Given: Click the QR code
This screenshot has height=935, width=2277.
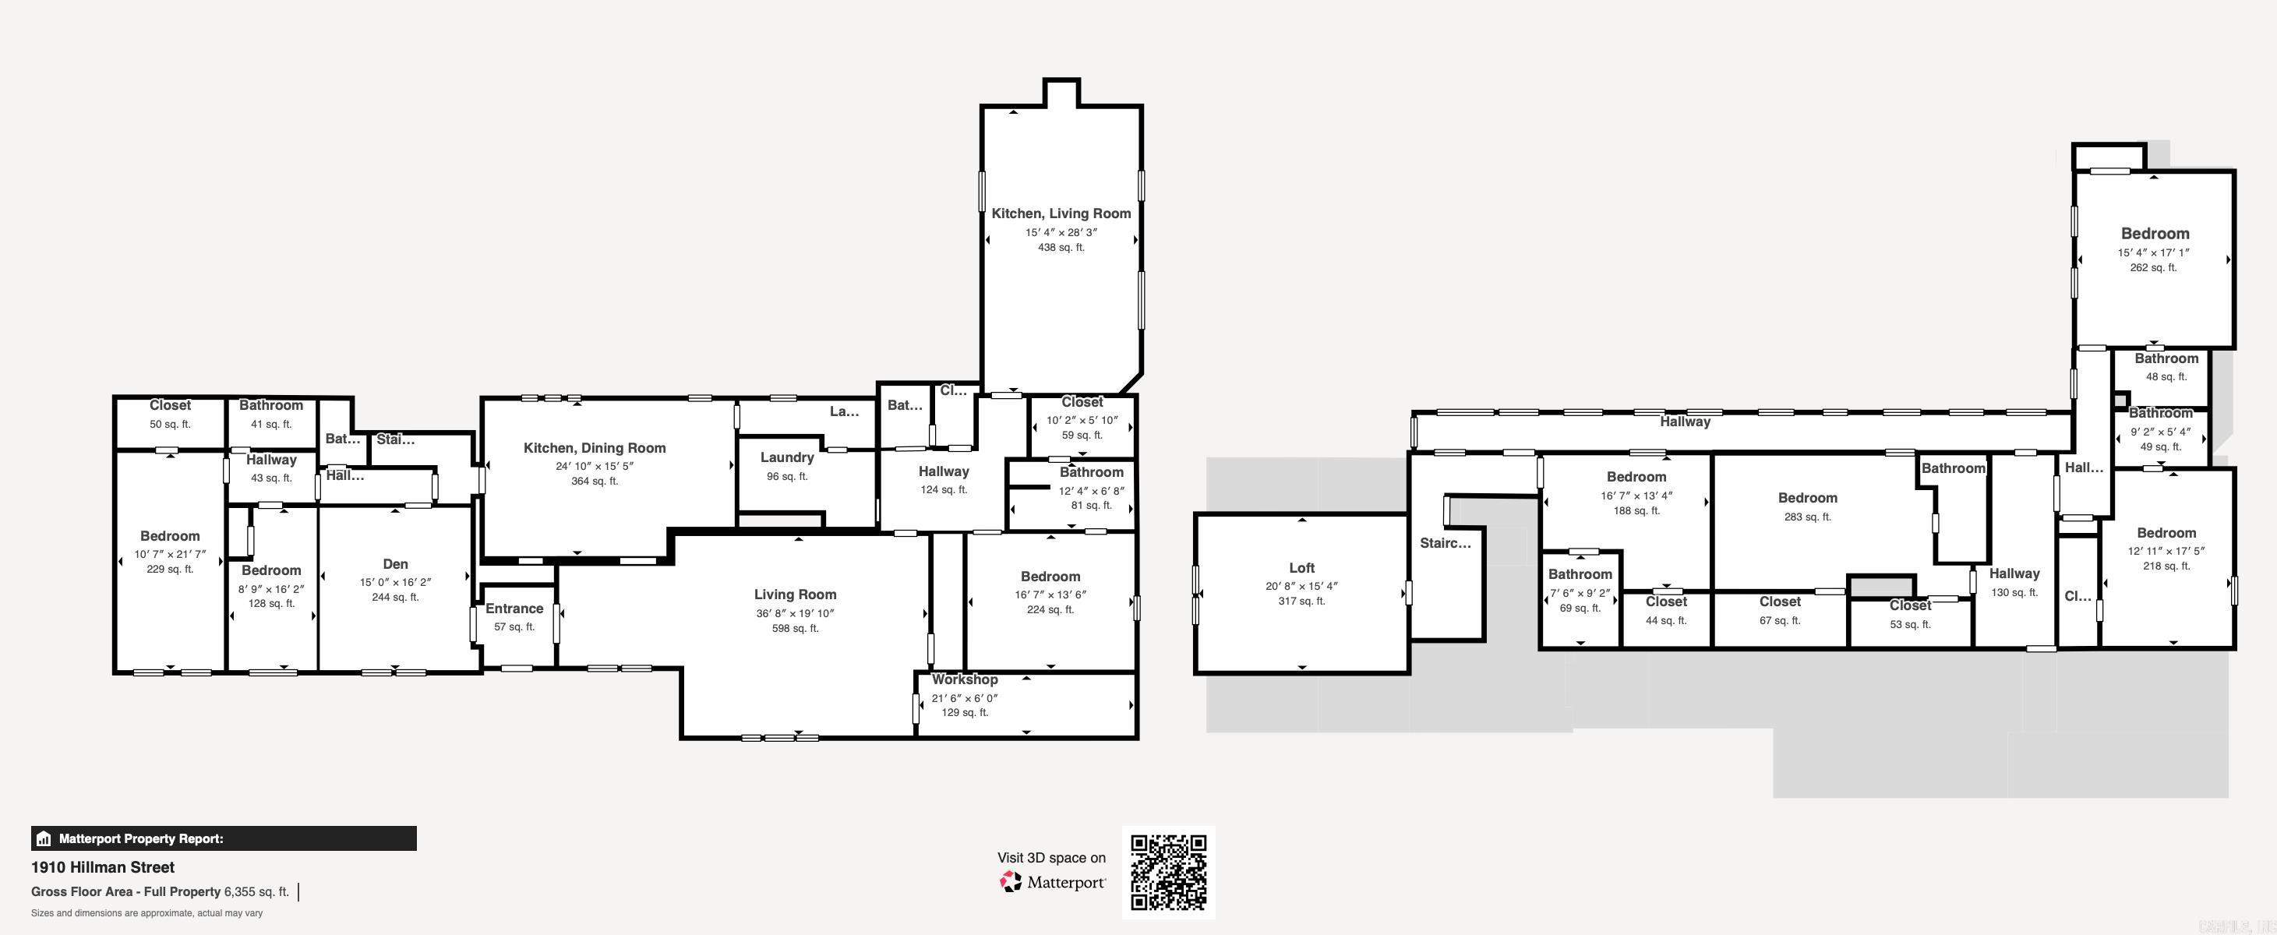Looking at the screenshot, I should click(1169, 872).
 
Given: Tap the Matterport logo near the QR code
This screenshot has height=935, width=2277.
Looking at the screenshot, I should click(1052, 882).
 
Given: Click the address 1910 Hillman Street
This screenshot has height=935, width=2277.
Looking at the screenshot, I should click(103, 867).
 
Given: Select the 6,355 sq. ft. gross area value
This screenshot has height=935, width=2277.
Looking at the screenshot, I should click(256, 891).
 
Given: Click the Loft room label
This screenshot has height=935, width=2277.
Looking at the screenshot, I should click(1301, 568).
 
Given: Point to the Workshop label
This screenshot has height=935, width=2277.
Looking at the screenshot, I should click(965, 679).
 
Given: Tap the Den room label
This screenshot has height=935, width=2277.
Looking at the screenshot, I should click(395, 564).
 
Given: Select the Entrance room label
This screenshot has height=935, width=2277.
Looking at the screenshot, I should click(514, 609).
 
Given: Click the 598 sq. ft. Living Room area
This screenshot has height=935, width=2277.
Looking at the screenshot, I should click(795, 628).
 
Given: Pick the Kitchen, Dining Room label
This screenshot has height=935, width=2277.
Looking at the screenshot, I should click(594, 448).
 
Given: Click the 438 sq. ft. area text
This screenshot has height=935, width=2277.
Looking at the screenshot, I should click(1061, 248).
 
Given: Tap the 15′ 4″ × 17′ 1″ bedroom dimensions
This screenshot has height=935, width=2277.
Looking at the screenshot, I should click(2153, 252).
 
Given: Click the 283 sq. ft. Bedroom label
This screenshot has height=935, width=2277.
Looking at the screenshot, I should click(1807, 499).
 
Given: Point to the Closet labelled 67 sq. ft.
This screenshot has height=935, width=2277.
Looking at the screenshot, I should click(1779, 602).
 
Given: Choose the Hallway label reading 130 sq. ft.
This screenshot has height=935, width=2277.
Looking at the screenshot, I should click(2014, 573).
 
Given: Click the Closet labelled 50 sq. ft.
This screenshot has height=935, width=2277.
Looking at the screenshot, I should click(170, 406).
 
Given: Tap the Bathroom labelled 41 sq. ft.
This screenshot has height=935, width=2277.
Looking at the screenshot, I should click(270, 406).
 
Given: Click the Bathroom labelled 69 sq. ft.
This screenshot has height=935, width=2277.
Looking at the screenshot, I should click(1580, 574).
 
